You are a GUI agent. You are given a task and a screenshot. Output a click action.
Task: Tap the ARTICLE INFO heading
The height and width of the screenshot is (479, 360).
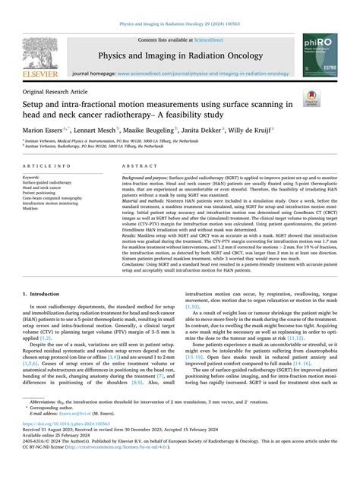[x=47, y=165]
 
